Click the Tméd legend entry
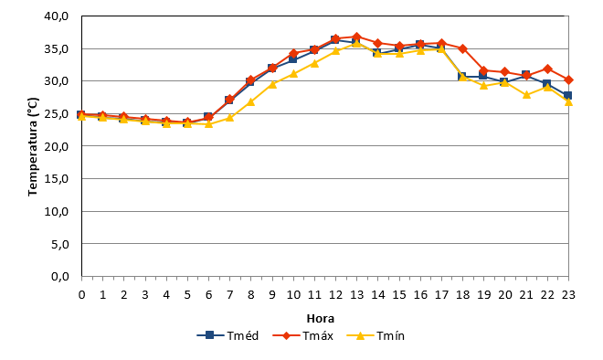pyautogui.click(x=227, y=335)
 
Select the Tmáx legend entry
pyautogui.click(x=302, y=335)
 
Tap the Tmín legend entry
pyautogui.click(x=376, y=335)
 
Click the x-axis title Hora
pyautogui.click(x=321, y=319)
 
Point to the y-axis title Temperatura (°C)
pyautogui.click(x=33, y=146)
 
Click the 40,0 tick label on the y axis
pyautogui.click(x=56, y=16)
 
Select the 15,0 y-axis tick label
pyautogui.click(x=56, y=179)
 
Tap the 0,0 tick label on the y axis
pyautogui.click(x=59, y=277)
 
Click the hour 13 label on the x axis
pyautogui.click(x=357, y=294)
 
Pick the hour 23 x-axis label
pyautogui.click(x=568, y=294)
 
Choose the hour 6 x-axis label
pyautogui.click(x=209, y=294)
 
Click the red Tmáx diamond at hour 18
pyautogui.click(x=462, y=48)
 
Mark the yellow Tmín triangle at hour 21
pyautogui.click(x=526, y=95)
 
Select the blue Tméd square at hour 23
pyautogui.click(x=568, y=95)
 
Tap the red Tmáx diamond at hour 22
pyautogui.click(x=547, y=69)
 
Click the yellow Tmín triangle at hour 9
pyautogui.click(x=272, y=84)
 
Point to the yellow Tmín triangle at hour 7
pyautogui.click(x=229, y=117)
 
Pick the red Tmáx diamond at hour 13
pyautogui.click(x=357, y=37)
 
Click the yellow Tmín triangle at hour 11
pyautogui.click(x=314, y=63)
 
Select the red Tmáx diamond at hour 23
pyautogui.click(x=568, y=80)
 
